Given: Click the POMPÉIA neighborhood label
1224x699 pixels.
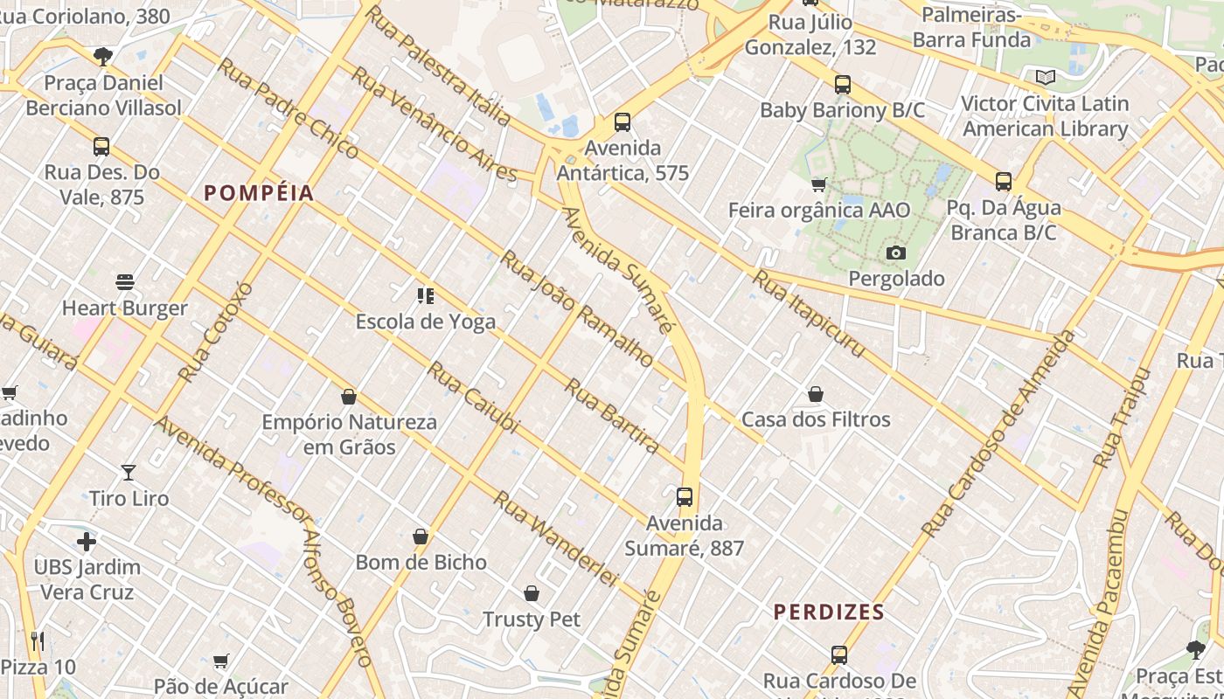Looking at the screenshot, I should [259, 193].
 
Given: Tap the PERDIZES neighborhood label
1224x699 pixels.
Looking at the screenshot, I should [829, 612].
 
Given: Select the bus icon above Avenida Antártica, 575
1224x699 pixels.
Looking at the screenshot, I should [622, 122].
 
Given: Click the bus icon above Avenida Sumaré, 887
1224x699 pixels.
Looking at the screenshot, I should [685, 497].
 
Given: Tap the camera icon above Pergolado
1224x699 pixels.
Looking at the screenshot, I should [896, 253].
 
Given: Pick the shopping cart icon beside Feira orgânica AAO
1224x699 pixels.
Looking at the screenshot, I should [819, 184].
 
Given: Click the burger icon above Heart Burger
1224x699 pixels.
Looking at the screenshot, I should [125, 282].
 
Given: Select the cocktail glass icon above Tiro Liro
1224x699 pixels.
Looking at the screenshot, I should [129, 473].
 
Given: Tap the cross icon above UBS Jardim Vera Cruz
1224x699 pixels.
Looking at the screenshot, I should [87, 542].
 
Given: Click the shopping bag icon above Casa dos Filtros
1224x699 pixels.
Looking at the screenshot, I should [816, 394].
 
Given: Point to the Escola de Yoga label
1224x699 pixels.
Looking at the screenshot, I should [425, 322].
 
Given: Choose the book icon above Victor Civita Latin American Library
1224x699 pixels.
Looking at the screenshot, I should [1046, 77].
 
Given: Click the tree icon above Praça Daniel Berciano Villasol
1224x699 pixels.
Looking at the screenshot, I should [103, 58].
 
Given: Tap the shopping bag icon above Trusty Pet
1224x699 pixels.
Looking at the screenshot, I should [532, 594].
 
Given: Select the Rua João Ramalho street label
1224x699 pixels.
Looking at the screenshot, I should [576, 308].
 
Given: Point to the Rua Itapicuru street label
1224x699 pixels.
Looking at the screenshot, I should [809, 314].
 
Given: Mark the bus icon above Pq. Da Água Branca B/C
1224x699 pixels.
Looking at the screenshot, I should [1004, 182].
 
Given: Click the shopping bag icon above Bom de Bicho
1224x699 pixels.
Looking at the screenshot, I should [421, 536].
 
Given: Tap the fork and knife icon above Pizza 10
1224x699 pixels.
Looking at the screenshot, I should [38, 642].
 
